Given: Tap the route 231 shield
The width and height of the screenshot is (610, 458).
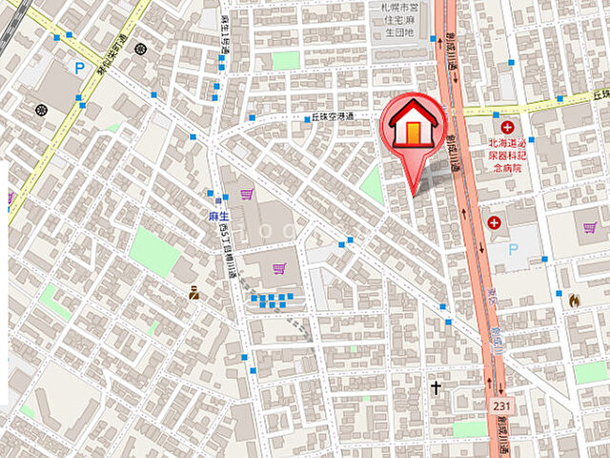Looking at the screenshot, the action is [x=501, y=406].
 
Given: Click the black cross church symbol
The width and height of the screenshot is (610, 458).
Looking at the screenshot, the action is [x=437, y=388].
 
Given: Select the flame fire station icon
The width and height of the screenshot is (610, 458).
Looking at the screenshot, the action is [x=574, y=300].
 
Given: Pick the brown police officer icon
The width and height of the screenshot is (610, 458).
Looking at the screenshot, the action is [x=194, y=294].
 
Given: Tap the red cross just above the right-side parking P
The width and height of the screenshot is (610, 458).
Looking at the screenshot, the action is [x=494, y=222].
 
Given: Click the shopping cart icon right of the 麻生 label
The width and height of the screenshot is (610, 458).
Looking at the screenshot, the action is [x=247, y=195].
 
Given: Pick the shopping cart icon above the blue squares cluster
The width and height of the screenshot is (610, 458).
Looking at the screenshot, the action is [x=279, y=269].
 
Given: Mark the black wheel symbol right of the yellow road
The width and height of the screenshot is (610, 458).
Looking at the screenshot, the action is [x=141, y=49].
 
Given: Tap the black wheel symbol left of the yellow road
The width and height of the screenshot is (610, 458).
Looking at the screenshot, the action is [x=41, y=110].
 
